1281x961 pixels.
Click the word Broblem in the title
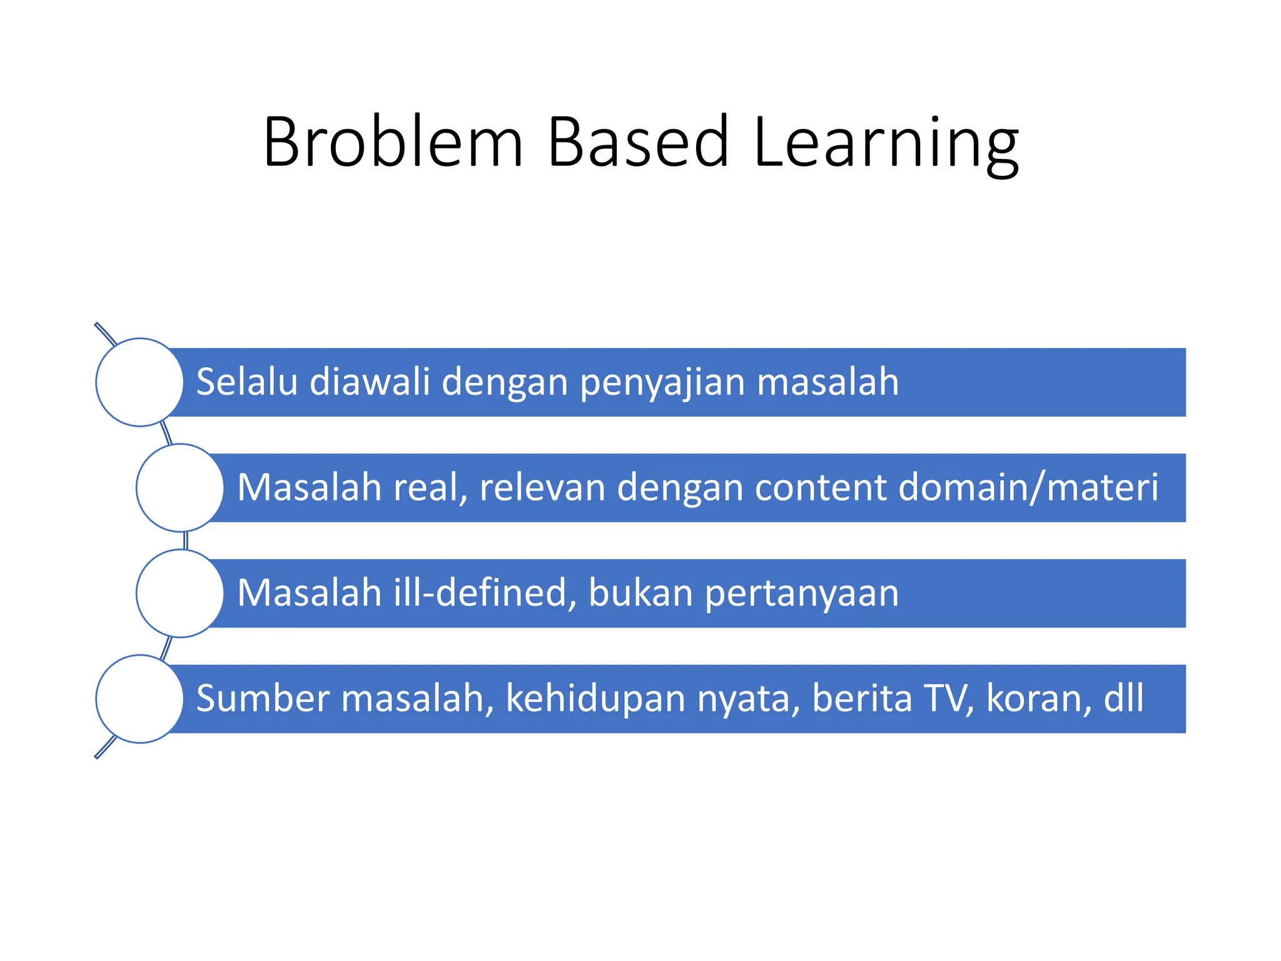393,142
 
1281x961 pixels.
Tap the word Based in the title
638,142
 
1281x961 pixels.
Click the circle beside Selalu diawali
139,382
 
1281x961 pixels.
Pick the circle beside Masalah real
180,487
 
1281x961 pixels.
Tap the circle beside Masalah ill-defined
180,593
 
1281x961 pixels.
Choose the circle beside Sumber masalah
139,699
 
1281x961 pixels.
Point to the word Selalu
246,382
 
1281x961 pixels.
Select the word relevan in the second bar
542,487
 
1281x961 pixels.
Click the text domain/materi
1028,487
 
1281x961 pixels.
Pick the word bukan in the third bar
640,592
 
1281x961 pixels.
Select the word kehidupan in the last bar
595,699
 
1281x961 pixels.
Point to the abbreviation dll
1124,698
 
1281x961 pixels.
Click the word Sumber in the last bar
263,698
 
